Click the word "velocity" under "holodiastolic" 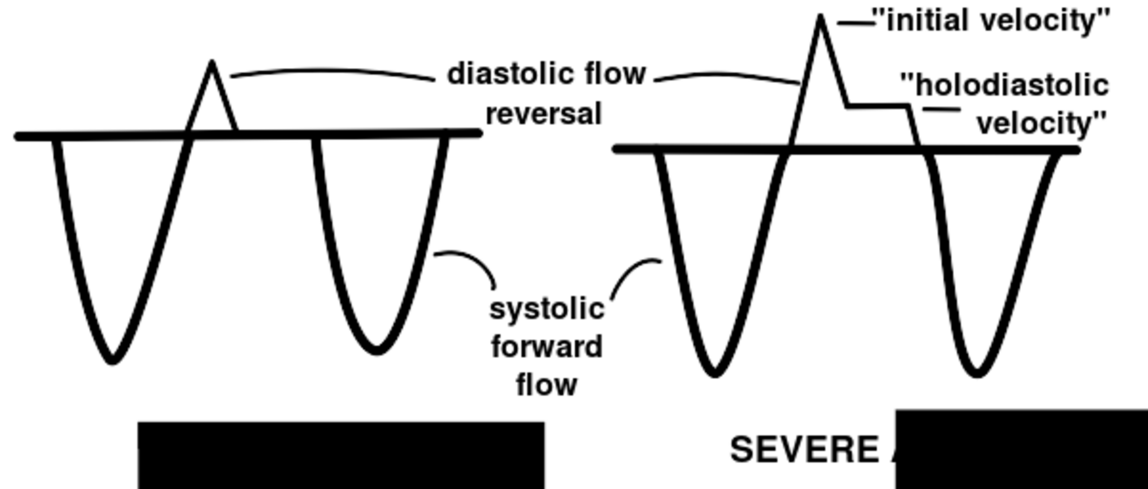coord(1041,123)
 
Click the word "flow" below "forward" coord(547,384)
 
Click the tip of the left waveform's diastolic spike coord(212,63)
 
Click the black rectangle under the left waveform coord(341,455)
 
